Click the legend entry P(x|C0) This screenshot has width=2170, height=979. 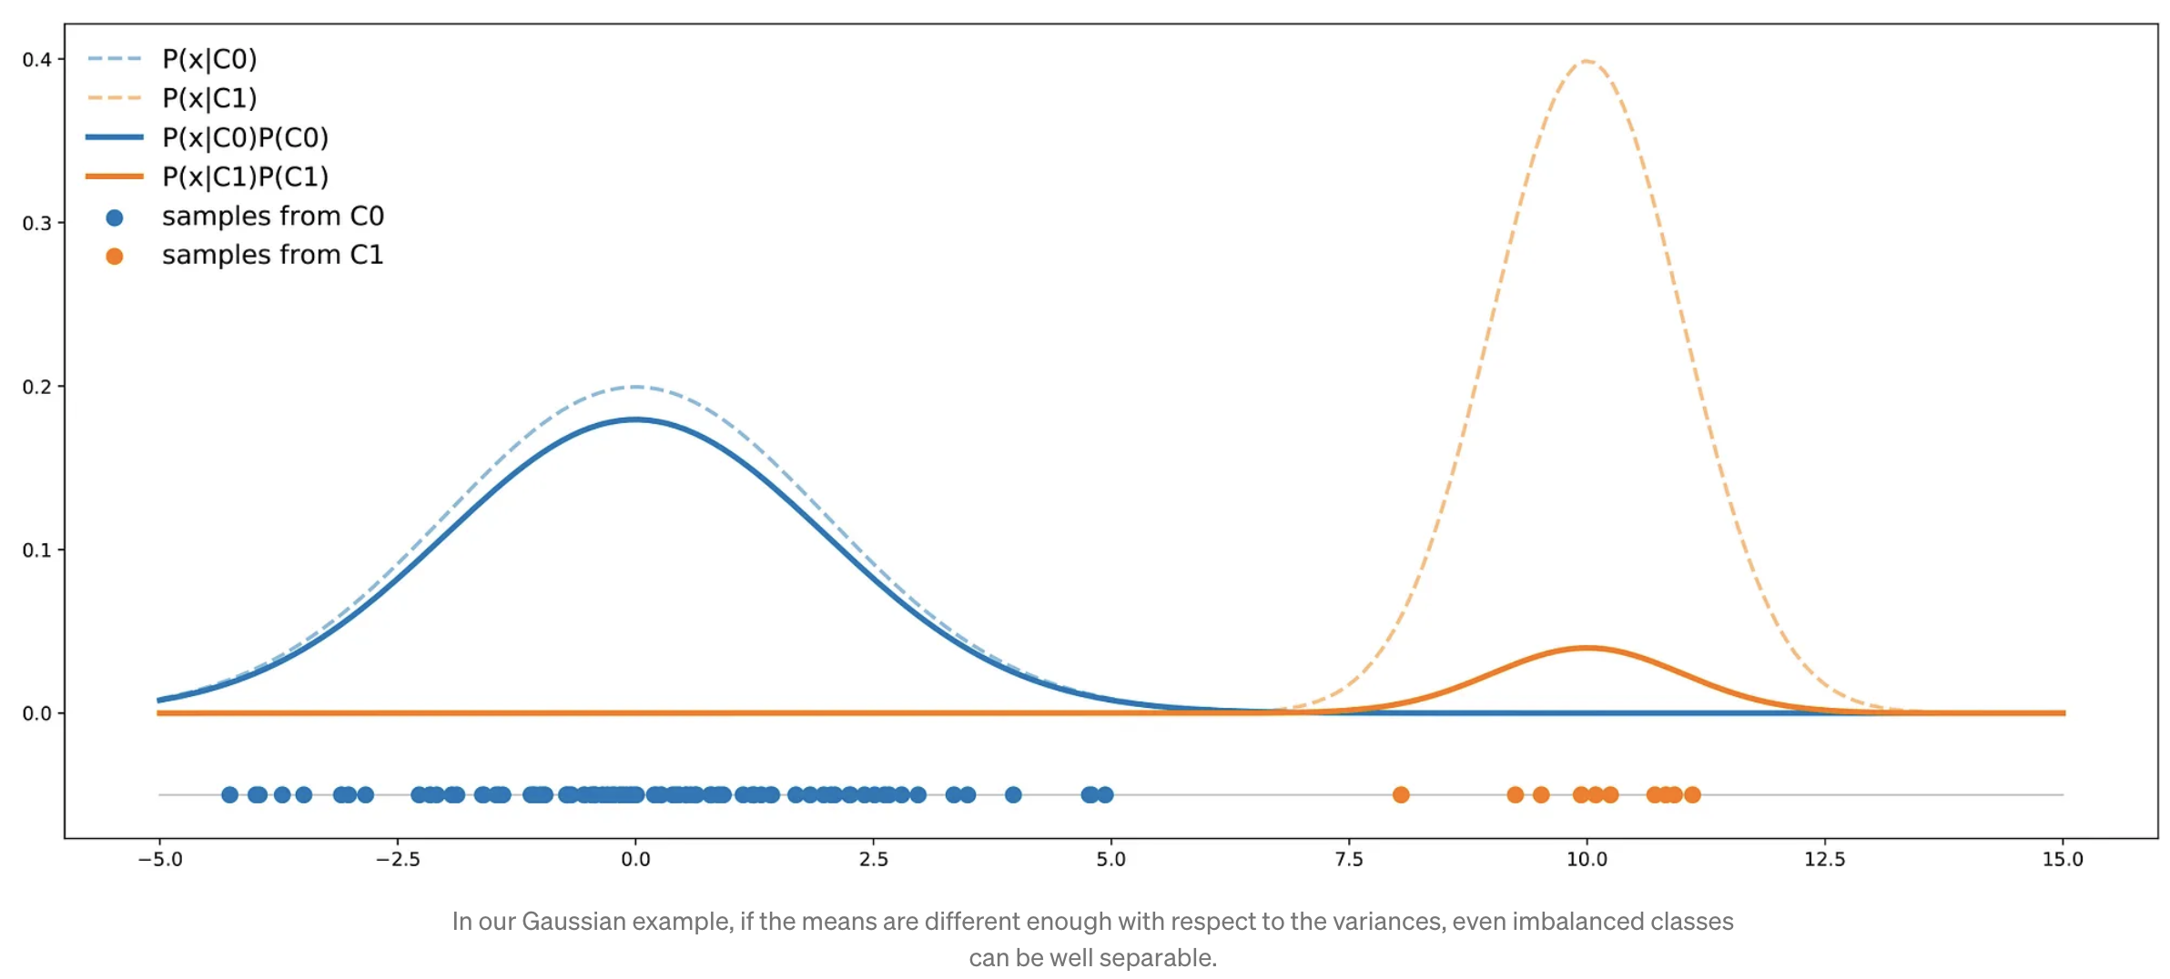[x=209, y=59]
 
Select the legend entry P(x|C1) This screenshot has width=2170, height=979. [x=209, y=98]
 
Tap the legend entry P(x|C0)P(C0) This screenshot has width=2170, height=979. [x=245, y=137]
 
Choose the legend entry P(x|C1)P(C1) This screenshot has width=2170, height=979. [x=245, y=177]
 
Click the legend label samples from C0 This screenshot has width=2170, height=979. [x=272, y=217]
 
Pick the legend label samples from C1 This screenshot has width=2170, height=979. [x=272, y=255]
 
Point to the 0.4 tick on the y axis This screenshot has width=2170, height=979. [x=36, y=60]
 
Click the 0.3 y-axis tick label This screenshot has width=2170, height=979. [x=36, y=224]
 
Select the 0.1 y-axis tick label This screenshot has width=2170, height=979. [x=36, y=550]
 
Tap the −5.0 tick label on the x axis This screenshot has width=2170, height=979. [x=160, y=860]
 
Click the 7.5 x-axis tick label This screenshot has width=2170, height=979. [x=1349, y=860]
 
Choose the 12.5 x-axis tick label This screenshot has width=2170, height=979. [x=1824, y=860]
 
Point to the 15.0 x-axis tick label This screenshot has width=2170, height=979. [x=2063, y=860]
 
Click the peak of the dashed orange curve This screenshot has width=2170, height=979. [x=1587, y=61]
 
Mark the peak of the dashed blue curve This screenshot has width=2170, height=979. [x=635, y=387]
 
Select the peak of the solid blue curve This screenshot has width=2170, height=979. [x=635, y=419]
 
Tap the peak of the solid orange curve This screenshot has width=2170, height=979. [x=1587, y=648]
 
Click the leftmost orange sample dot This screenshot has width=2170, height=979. [x=1401, y=795]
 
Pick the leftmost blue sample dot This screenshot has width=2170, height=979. [x=229, y=795]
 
